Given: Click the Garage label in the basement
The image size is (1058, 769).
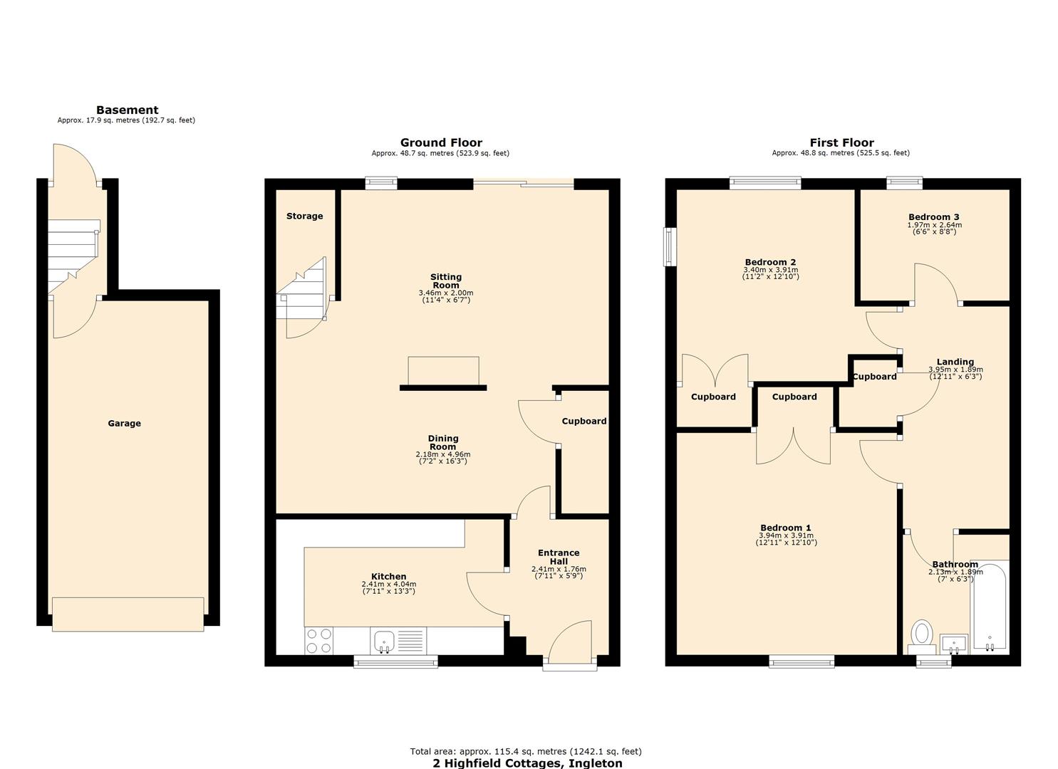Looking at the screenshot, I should (124, 423).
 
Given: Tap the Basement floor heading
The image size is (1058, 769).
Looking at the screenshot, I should (127, 110).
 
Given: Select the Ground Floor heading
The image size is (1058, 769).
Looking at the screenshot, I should (441, 142).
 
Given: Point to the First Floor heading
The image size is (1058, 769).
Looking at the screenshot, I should (841, 142).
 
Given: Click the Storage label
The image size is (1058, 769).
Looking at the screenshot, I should (304, 216).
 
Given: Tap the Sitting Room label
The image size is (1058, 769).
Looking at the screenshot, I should (446, 281).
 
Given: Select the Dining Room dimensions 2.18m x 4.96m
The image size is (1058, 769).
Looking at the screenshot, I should (442, 454).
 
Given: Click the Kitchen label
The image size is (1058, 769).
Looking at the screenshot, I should (388, 577).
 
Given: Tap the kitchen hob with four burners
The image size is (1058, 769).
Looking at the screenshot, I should (318, 640).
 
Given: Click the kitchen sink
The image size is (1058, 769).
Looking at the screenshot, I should (384, 640).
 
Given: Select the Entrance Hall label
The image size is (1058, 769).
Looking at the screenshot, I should (559, 557).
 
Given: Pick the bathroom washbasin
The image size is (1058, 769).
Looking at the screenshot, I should (953, 643).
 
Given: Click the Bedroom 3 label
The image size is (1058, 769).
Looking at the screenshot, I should (933, 217).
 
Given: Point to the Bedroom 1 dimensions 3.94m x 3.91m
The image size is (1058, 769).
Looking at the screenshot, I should (786, 535).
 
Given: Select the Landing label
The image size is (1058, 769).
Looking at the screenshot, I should (955, 362).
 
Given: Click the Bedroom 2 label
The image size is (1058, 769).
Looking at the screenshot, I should (770, 262).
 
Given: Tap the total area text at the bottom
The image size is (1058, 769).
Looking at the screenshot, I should (526, 751).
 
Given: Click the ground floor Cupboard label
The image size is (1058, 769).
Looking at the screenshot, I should (584, 421).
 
